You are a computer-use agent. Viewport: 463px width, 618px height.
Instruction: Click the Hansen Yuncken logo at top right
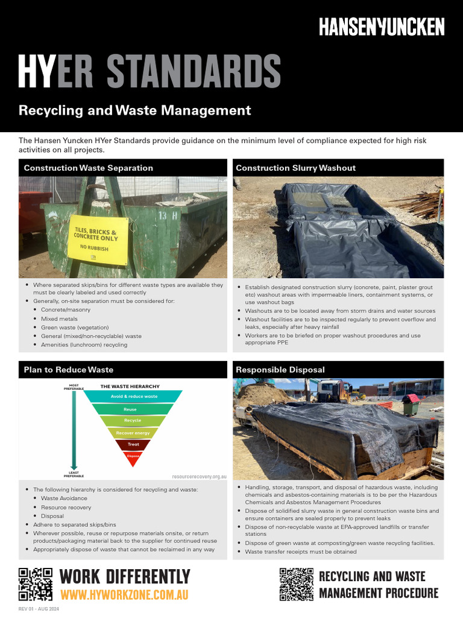point(382,27)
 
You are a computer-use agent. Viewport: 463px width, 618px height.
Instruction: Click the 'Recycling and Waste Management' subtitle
point(134,110)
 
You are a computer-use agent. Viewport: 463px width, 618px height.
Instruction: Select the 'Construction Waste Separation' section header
point(89,168)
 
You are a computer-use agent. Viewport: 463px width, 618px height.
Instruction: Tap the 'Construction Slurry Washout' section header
point(295,168)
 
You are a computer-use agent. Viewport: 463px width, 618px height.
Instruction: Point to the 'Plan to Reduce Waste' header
point(69,369)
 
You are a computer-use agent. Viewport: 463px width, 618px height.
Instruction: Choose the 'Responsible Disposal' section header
point(280,369)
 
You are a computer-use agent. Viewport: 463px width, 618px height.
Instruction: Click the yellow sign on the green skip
point(98,239)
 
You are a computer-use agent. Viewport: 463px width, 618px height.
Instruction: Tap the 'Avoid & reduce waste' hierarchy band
point(134,397)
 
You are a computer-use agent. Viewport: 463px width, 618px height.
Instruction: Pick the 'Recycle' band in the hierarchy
point(133,421)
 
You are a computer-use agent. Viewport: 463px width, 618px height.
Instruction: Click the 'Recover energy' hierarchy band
point(133,433)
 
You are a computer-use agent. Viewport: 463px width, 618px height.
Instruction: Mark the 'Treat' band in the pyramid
point(133,444)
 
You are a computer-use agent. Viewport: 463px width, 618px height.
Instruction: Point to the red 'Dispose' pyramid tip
point(133,456)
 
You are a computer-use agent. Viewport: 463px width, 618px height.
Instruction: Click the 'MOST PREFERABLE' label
point(74,387)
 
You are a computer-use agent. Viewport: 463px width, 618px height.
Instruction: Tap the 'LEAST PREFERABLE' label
point(74,474)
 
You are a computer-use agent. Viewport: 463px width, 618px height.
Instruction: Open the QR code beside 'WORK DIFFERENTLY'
point(36,585)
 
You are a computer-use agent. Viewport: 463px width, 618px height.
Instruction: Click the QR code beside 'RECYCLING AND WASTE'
point(297,584)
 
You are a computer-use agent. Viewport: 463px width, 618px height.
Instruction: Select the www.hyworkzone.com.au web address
point(124,595)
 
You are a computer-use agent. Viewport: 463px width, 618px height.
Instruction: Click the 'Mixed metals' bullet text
point(59,319)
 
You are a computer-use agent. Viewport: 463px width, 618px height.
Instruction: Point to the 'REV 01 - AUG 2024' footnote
point(39,609)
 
